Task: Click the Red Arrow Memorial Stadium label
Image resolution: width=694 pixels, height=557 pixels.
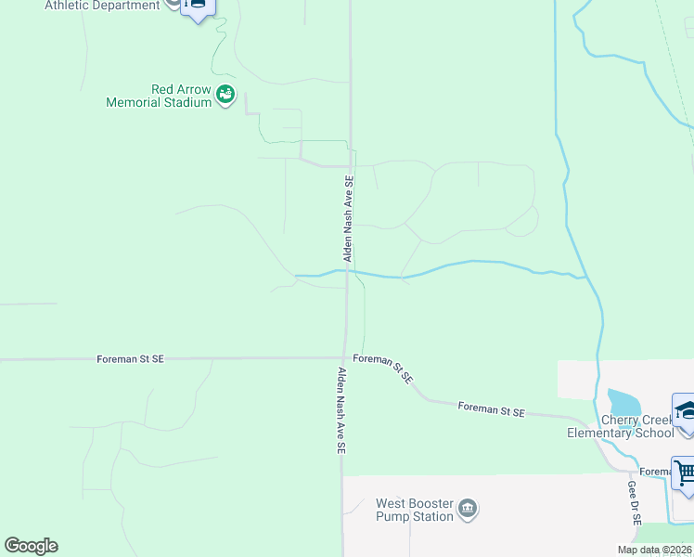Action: pos(159,97)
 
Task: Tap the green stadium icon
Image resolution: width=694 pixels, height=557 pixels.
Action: pos(225,95)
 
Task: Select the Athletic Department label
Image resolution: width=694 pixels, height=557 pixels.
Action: pos(102,6)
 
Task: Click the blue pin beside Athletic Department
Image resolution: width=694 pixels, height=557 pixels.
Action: pos(198,6)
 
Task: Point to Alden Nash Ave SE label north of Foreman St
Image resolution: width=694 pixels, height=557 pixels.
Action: pos(349,219)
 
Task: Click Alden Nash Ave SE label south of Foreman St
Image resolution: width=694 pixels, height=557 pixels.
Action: pos(341,410)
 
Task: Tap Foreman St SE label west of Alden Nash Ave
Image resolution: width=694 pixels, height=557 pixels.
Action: pos(130,358)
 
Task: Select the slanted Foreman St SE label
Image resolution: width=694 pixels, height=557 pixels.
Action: pos(383,368)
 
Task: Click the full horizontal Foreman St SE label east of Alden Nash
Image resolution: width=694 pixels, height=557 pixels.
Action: pos(492,410)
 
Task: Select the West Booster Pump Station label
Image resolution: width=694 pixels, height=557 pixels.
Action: pos(415,511)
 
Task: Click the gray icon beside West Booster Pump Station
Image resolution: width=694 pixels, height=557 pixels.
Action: pos(468,509)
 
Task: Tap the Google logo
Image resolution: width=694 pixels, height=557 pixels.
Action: pos(31,546)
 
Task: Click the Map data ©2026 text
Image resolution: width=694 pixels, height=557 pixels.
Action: pos(654,550)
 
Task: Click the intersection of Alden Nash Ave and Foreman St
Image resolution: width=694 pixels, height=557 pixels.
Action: pos(344,357)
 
